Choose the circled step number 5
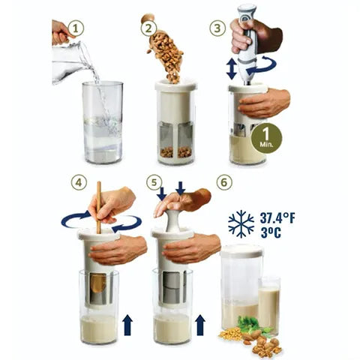tap(154, 181)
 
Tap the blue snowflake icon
tap(241, 223)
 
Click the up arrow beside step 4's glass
tap(127, 324)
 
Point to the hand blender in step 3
tap(249, 41)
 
